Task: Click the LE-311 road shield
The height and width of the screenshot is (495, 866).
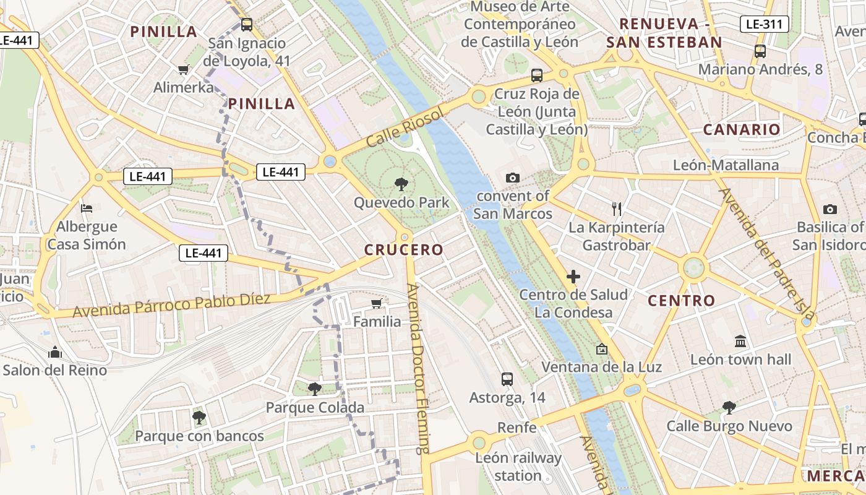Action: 764,24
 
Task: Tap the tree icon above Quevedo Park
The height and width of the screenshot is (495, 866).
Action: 401,184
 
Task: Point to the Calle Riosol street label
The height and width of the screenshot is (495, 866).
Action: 405,127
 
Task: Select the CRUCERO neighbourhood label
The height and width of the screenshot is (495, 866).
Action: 404,250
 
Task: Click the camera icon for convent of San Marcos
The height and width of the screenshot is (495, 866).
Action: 512,178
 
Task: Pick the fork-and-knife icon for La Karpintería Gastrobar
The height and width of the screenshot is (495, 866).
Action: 616,209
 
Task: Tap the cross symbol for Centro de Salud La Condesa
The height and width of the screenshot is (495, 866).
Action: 573,277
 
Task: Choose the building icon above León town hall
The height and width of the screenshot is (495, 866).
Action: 740,341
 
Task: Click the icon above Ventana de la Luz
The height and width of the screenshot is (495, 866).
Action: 601,349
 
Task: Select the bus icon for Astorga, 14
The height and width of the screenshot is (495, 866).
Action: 507,379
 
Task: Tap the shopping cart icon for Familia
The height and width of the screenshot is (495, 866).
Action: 377,303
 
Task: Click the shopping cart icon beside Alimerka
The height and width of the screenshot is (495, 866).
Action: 183,69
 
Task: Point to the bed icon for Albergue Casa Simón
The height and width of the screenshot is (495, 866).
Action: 87,208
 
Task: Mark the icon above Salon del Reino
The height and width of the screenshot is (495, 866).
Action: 55,352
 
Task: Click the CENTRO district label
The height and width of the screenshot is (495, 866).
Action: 681,301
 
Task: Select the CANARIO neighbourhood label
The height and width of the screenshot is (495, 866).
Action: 742,130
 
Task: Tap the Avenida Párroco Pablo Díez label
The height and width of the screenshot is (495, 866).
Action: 171,305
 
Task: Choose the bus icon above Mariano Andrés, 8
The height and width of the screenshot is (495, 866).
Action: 760,51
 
